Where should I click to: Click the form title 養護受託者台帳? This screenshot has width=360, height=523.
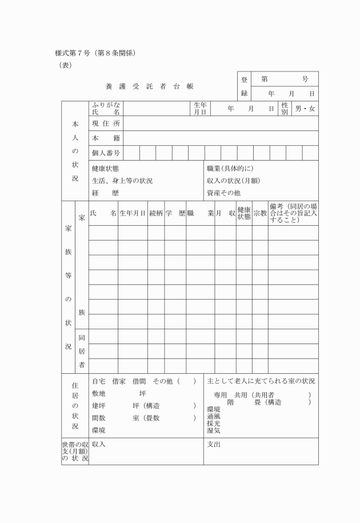coord(150,86)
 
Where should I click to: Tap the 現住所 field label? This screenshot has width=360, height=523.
coord(106,123)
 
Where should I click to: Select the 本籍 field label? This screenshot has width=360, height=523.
coord(106,138)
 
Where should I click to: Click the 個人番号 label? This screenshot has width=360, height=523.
coord(106,153)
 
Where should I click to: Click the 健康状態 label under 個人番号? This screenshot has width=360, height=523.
coord(105,169)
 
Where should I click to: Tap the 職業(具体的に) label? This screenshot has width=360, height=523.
coord(230,169)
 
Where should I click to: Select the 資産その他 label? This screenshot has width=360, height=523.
coord(223,193)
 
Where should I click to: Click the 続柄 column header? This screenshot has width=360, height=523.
coord(156,213)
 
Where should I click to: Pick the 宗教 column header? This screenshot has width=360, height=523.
coord(260,213)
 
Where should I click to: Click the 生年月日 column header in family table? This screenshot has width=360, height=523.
coord(133,213)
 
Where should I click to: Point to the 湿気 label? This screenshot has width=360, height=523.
coord(213,431)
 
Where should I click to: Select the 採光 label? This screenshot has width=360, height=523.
coord(213,424)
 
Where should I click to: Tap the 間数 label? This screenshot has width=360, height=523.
coord(98,418)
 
